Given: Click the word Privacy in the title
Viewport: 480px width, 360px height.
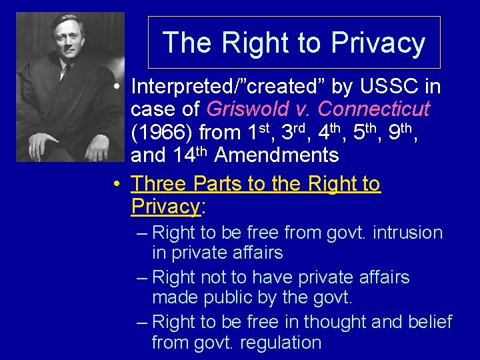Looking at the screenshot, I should pyautogui.click(x=378, y=43).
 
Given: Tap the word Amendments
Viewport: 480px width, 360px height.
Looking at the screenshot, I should pyautogui.click(x=277, y=155).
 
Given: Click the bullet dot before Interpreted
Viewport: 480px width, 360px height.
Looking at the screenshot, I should pyautogui.click(x=116, y=87).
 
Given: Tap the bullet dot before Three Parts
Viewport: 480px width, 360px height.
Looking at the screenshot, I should pyautogui.click(x=116, y=183).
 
